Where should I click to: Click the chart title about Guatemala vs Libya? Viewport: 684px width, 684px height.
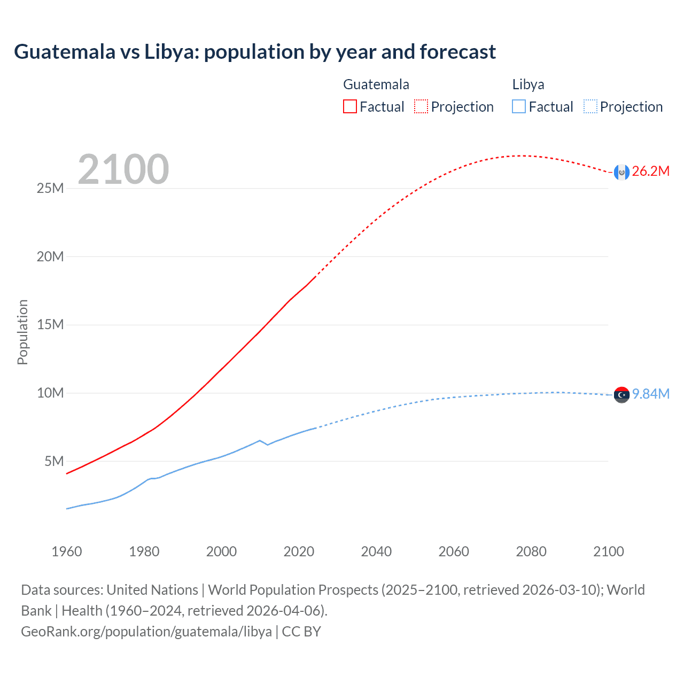[255, 52]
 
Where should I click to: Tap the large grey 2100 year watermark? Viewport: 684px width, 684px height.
[123, 169]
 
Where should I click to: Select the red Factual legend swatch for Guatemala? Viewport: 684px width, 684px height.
[349, 106]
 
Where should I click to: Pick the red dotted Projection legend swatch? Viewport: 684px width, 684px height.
[421, 106]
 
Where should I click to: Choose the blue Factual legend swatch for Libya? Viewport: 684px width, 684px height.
[518, 106]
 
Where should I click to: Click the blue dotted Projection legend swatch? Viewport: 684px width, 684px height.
[590, 106]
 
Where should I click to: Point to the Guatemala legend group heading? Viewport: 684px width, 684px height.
[376, 84]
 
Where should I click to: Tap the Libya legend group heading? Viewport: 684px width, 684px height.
[528, 84]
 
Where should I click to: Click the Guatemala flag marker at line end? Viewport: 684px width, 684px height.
[621, 172]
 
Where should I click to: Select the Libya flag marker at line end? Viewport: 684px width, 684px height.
[621, 394]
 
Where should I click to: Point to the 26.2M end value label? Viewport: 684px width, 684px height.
[650, 172]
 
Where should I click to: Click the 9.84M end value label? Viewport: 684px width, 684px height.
[650, 394]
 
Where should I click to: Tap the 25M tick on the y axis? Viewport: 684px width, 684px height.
[50, 189]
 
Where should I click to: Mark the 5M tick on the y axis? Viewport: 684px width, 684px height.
[54, 461]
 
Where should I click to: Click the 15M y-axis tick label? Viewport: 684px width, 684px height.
[50, 325]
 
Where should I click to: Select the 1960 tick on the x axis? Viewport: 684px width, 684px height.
[67, 551]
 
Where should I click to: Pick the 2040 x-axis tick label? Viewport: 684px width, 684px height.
[376, 551]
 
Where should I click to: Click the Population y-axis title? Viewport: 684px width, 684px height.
[22, 332]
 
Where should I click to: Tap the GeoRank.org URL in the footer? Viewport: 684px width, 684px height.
[146, 632]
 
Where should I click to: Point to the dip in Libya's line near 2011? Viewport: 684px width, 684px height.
[267, 445]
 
